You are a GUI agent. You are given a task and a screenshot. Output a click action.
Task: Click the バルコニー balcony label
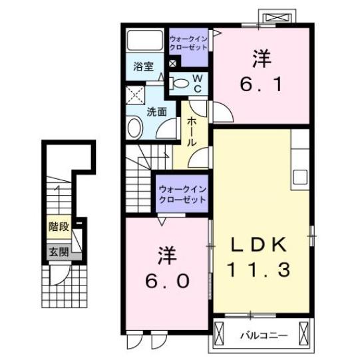tap(264, 335)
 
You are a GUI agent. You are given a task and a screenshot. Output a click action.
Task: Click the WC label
tap(198, 83)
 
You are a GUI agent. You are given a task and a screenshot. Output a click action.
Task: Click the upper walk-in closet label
tap(188, 45)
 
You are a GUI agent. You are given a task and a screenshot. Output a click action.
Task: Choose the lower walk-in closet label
tap(182, 194)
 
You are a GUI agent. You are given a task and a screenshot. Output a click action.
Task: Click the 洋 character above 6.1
tap(260, 59)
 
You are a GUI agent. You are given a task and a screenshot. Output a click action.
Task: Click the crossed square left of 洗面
tap(135, 94)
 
